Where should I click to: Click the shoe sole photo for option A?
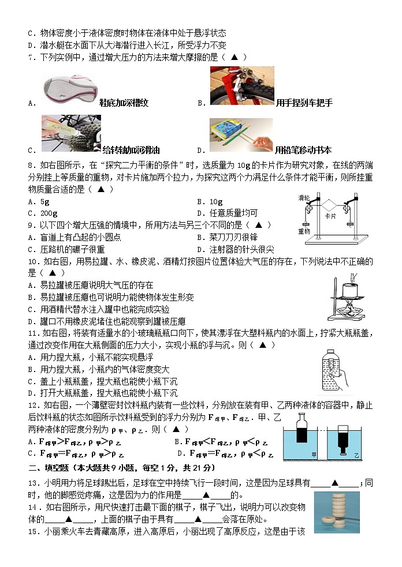[70, 87]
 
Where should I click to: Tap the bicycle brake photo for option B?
[241, 87]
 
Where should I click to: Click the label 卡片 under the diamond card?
[330, 216]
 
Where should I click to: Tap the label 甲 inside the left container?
[314, 455]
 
